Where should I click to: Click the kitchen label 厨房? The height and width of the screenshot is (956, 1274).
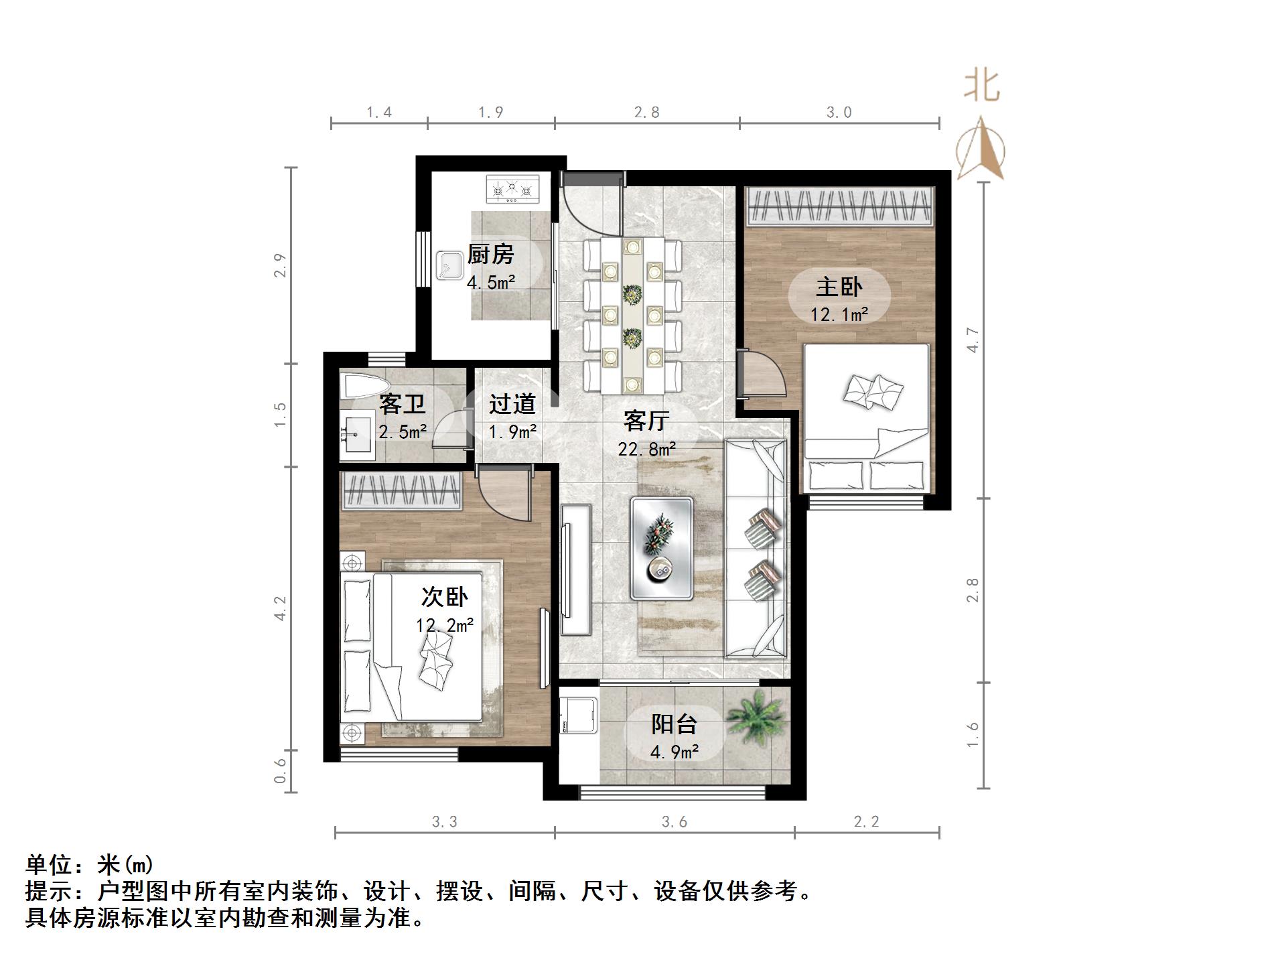(490, 255)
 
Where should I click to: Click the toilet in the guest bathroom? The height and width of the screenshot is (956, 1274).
(366, 386)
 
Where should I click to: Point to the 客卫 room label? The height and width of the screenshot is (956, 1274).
(402, 404)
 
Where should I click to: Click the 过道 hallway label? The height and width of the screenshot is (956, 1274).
(512, 404)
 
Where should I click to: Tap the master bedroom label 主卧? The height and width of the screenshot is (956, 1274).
(839, 287)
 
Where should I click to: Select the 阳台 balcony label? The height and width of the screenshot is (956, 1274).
(674, 725)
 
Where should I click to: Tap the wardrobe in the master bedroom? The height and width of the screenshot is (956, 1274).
(841, 206)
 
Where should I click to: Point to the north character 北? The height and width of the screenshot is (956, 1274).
(982, 86)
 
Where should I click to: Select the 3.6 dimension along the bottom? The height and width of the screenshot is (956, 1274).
(674, 822)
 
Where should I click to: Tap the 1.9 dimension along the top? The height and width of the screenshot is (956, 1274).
(490, 113)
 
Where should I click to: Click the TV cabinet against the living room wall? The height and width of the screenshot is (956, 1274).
(576, 569)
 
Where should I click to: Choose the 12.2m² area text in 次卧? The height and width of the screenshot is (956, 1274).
(445, 626)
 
